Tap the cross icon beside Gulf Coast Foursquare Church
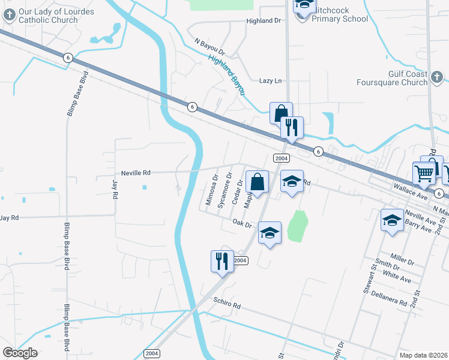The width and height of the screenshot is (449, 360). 436,77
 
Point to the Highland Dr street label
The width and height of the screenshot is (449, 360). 264,20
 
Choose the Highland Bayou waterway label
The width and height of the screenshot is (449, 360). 228,74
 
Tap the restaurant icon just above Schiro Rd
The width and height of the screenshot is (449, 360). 221,261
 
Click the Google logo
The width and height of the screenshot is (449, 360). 20,353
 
